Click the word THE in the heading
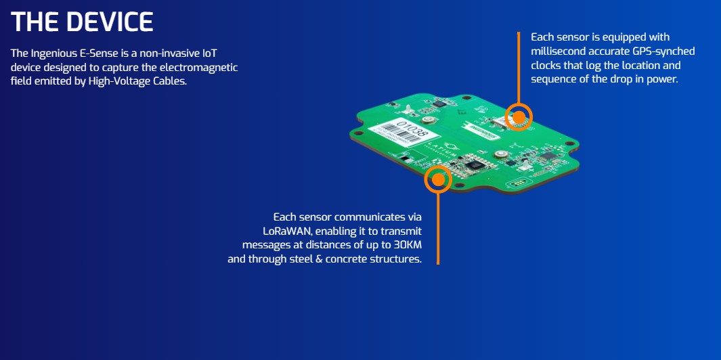pyautogui.click(x=35, y=22)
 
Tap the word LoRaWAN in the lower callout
pyautogui.click(x=285, y=231)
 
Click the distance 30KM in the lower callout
pyautogui.click(x=408, y=244)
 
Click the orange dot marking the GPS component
pyautogui.click(x=518, y=117)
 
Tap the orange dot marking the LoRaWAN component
pyautogui.click(x=438, y=179)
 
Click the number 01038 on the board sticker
pyautogui.click(x=412, y=129)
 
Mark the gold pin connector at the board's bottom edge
pyautogui.click(x=518, y=183)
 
